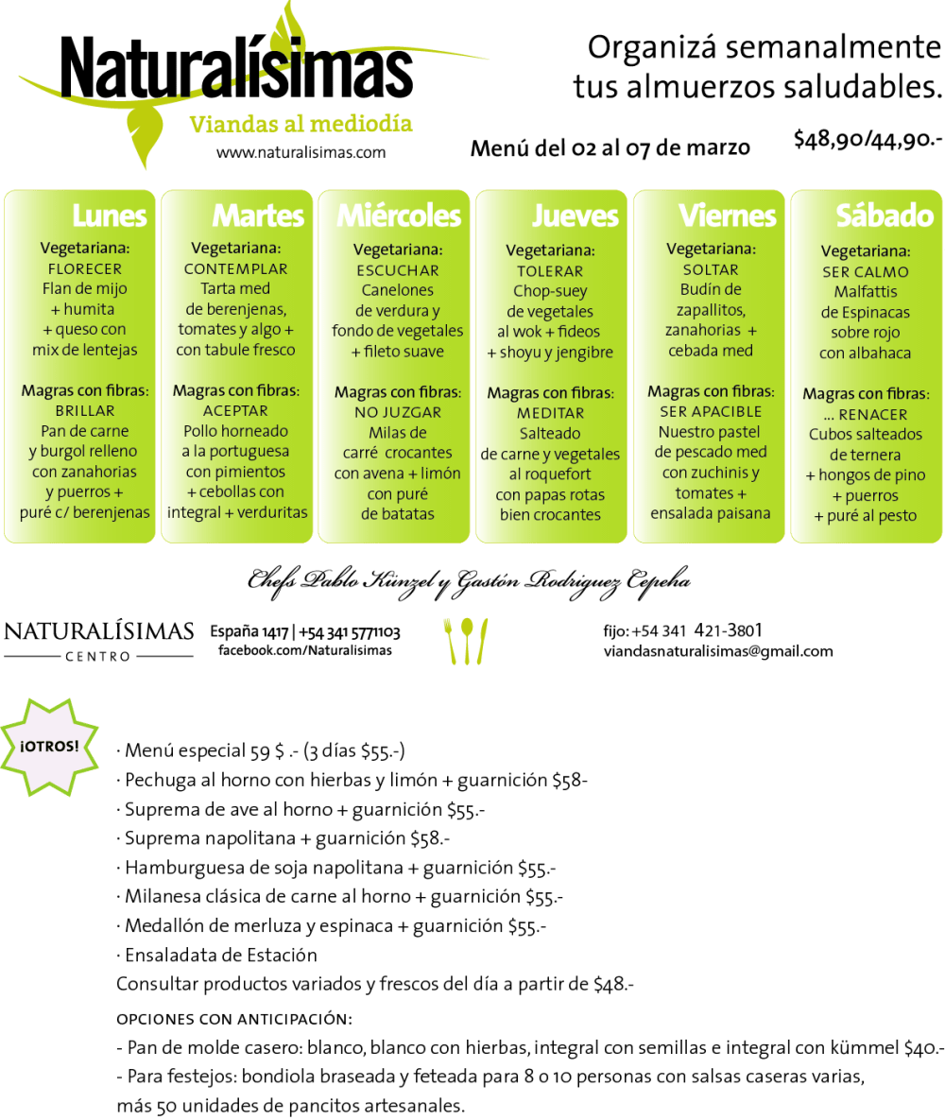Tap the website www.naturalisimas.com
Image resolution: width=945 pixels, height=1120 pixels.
(301, 152)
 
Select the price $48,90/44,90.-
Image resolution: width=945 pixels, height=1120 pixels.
(868, 140)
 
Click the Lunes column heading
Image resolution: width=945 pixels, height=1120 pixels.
(110, 215)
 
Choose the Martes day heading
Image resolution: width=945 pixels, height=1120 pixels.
(258, 215)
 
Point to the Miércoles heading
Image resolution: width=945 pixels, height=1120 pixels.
(399, 215)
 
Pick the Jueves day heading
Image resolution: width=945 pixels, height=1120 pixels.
(575, 215)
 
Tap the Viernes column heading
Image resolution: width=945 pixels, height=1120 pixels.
(727, 215)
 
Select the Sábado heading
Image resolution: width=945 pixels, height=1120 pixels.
(885, 215)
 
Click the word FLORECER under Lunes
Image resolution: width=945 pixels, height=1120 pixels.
(84, 268)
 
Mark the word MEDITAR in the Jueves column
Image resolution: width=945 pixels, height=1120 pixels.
(550, 413)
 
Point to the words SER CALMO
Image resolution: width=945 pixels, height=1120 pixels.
(865, 271)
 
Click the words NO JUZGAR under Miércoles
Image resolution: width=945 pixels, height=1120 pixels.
(398, 412)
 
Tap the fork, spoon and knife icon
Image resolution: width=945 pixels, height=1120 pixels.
(465, 640)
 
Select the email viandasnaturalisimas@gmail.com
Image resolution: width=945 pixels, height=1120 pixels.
(718, 651)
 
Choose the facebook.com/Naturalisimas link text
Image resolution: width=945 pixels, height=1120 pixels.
(304, 650)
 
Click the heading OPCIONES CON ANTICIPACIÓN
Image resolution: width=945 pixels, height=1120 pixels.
(233, 1019)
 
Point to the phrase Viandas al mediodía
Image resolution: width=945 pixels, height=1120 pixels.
(301, 124)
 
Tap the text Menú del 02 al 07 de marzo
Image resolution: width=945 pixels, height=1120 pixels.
(610, 147)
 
